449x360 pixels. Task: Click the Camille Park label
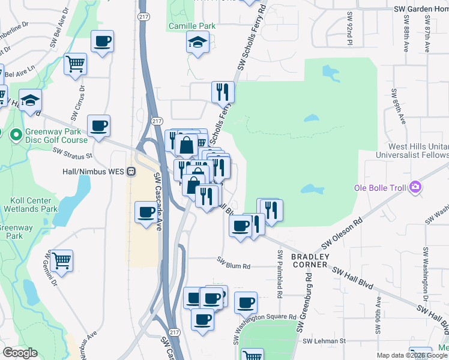pyautogui.click(x=191, y=26)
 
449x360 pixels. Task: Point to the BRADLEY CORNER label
pyautogui.click(x=310, y=260)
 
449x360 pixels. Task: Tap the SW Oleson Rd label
pyautogui.click(x=342, y=234)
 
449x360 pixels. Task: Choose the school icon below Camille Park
pyautogui.click(x=196, y=42)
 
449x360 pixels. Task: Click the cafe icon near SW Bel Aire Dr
pyautogui.click(x=102, y=41)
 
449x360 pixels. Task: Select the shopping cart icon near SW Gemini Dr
pyautogui.click(x=61, y=260)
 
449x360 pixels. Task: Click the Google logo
pyautogui.click(x=20, y=352)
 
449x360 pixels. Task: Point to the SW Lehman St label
pyautogui.click(x=324, y=341)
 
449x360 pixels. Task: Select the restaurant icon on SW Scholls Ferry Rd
pyautogui.click(x=223, y=92)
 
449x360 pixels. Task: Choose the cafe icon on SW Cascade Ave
pyautogui.click(x=146, y=212)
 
